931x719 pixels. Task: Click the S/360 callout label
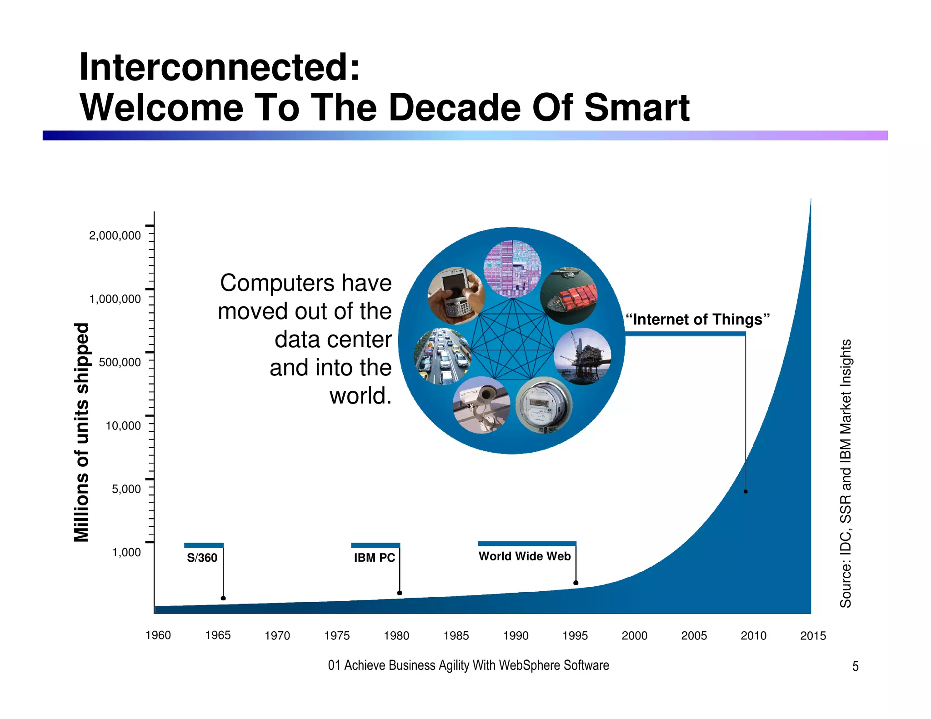[x=202, y=558]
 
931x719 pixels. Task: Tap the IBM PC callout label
[x=375, y=558]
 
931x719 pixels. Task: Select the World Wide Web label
[x=525, y=556]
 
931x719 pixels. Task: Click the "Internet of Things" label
[x=697, y=320]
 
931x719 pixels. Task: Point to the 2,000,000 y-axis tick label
[x=115, y=235]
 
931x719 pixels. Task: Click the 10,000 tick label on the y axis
[x=123, y=426]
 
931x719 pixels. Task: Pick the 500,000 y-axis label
[x=120, y=362]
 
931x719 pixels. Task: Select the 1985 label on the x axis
[x=456, y=636]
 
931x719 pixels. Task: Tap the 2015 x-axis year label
[x=813, y=636]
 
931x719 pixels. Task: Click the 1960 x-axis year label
[x=158, y=635]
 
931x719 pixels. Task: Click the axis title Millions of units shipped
[x=82, y=432]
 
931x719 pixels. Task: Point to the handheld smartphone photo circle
[x=456, y=295]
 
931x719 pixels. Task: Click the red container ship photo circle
[x=569, y=295]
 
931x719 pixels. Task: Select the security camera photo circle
[x=481, y=405]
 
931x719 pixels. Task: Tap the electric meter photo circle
[x=544, y=405]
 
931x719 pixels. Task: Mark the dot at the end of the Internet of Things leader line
[x=746, y=491]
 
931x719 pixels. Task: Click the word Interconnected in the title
[x=219, y=67]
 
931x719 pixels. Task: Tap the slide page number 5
[x=855, y=666]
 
